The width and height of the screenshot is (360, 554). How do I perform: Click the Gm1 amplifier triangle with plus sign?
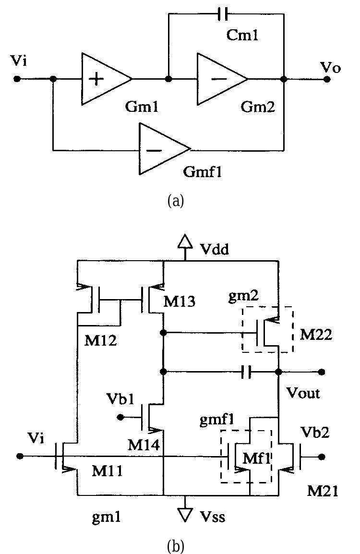point(103,79)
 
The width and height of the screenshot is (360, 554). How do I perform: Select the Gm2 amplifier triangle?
point(218,79)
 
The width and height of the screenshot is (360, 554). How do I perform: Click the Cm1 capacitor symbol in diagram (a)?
point(222,15)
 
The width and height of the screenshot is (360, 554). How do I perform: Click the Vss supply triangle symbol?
point(185,514)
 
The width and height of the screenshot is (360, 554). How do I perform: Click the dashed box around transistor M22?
point(267,329)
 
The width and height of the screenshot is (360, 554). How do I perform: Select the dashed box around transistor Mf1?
point(246,456)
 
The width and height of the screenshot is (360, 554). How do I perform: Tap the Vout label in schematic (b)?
point(304,394)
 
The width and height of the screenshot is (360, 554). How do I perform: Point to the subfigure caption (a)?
point(175,201)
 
